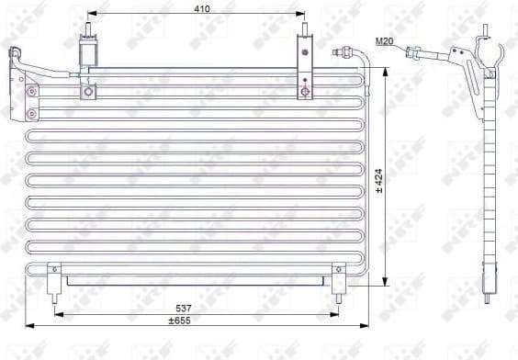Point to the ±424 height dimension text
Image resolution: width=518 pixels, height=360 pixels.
click(379, 181)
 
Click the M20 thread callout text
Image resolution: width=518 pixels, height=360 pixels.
click(385, 41)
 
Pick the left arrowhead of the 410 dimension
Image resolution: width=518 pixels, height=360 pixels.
click(91, 16)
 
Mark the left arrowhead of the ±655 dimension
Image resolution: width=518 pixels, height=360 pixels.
click(29, 325)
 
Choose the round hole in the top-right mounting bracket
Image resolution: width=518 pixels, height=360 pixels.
click(304, 92)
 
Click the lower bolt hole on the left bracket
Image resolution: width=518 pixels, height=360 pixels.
click(33, 114)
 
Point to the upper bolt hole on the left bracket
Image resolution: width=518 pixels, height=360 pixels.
click(33, 91)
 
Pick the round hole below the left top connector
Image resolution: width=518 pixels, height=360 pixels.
click(88, 91)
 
